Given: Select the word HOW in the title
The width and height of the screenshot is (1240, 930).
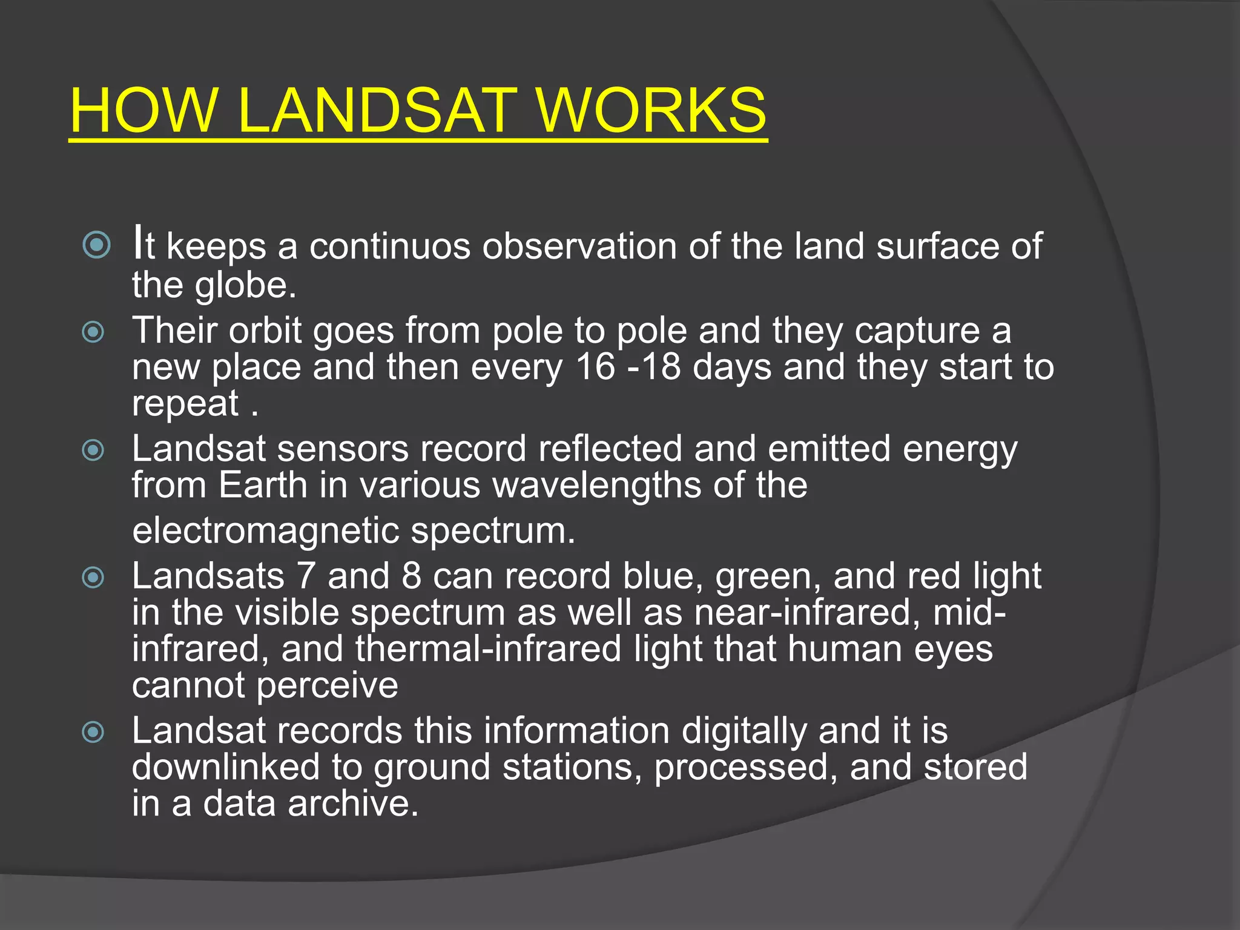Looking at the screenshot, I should (143, 110).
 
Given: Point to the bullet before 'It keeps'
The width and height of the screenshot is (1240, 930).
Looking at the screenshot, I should (97, 245).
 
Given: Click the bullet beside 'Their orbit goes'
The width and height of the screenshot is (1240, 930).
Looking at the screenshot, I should (93, 332).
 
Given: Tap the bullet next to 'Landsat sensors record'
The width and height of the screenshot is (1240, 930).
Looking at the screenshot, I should (93, 450).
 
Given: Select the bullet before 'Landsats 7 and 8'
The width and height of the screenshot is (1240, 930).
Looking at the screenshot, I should (93, 577).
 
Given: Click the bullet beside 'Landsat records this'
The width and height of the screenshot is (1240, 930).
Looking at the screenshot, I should (93, 732).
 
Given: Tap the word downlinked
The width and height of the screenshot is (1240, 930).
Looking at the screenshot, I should (226, 767).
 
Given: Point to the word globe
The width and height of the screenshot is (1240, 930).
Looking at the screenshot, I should (245, 285).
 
